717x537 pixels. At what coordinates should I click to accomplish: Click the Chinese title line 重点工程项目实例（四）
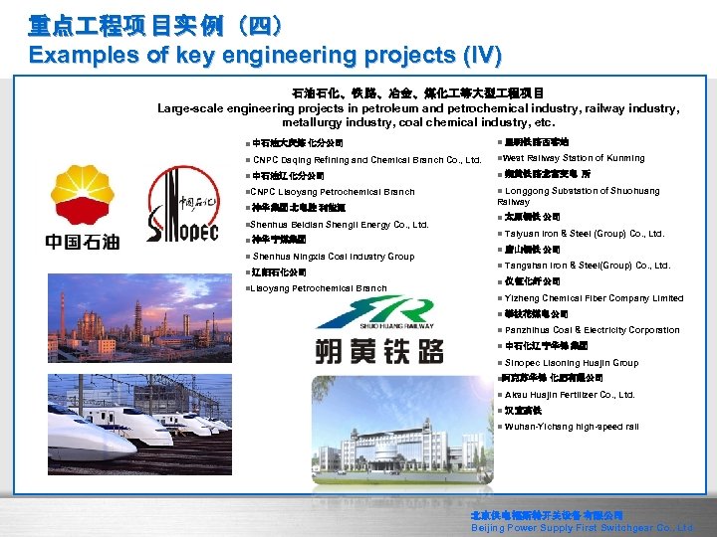(147, 24)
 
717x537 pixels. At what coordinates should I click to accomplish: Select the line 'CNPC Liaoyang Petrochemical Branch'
(334, 192)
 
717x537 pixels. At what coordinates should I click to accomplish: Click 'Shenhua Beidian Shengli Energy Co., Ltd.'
(339, 224)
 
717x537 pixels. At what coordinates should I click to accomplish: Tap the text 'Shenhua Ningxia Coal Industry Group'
(333, 256)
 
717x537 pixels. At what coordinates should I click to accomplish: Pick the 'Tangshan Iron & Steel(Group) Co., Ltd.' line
(588, 266)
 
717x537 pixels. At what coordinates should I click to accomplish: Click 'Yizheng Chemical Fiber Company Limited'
(594, 298)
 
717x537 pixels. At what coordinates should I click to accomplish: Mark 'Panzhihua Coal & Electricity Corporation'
(592, 330)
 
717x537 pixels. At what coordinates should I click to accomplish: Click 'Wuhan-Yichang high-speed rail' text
(572, 427)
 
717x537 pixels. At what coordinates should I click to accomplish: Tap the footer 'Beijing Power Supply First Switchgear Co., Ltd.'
(582, 528)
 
